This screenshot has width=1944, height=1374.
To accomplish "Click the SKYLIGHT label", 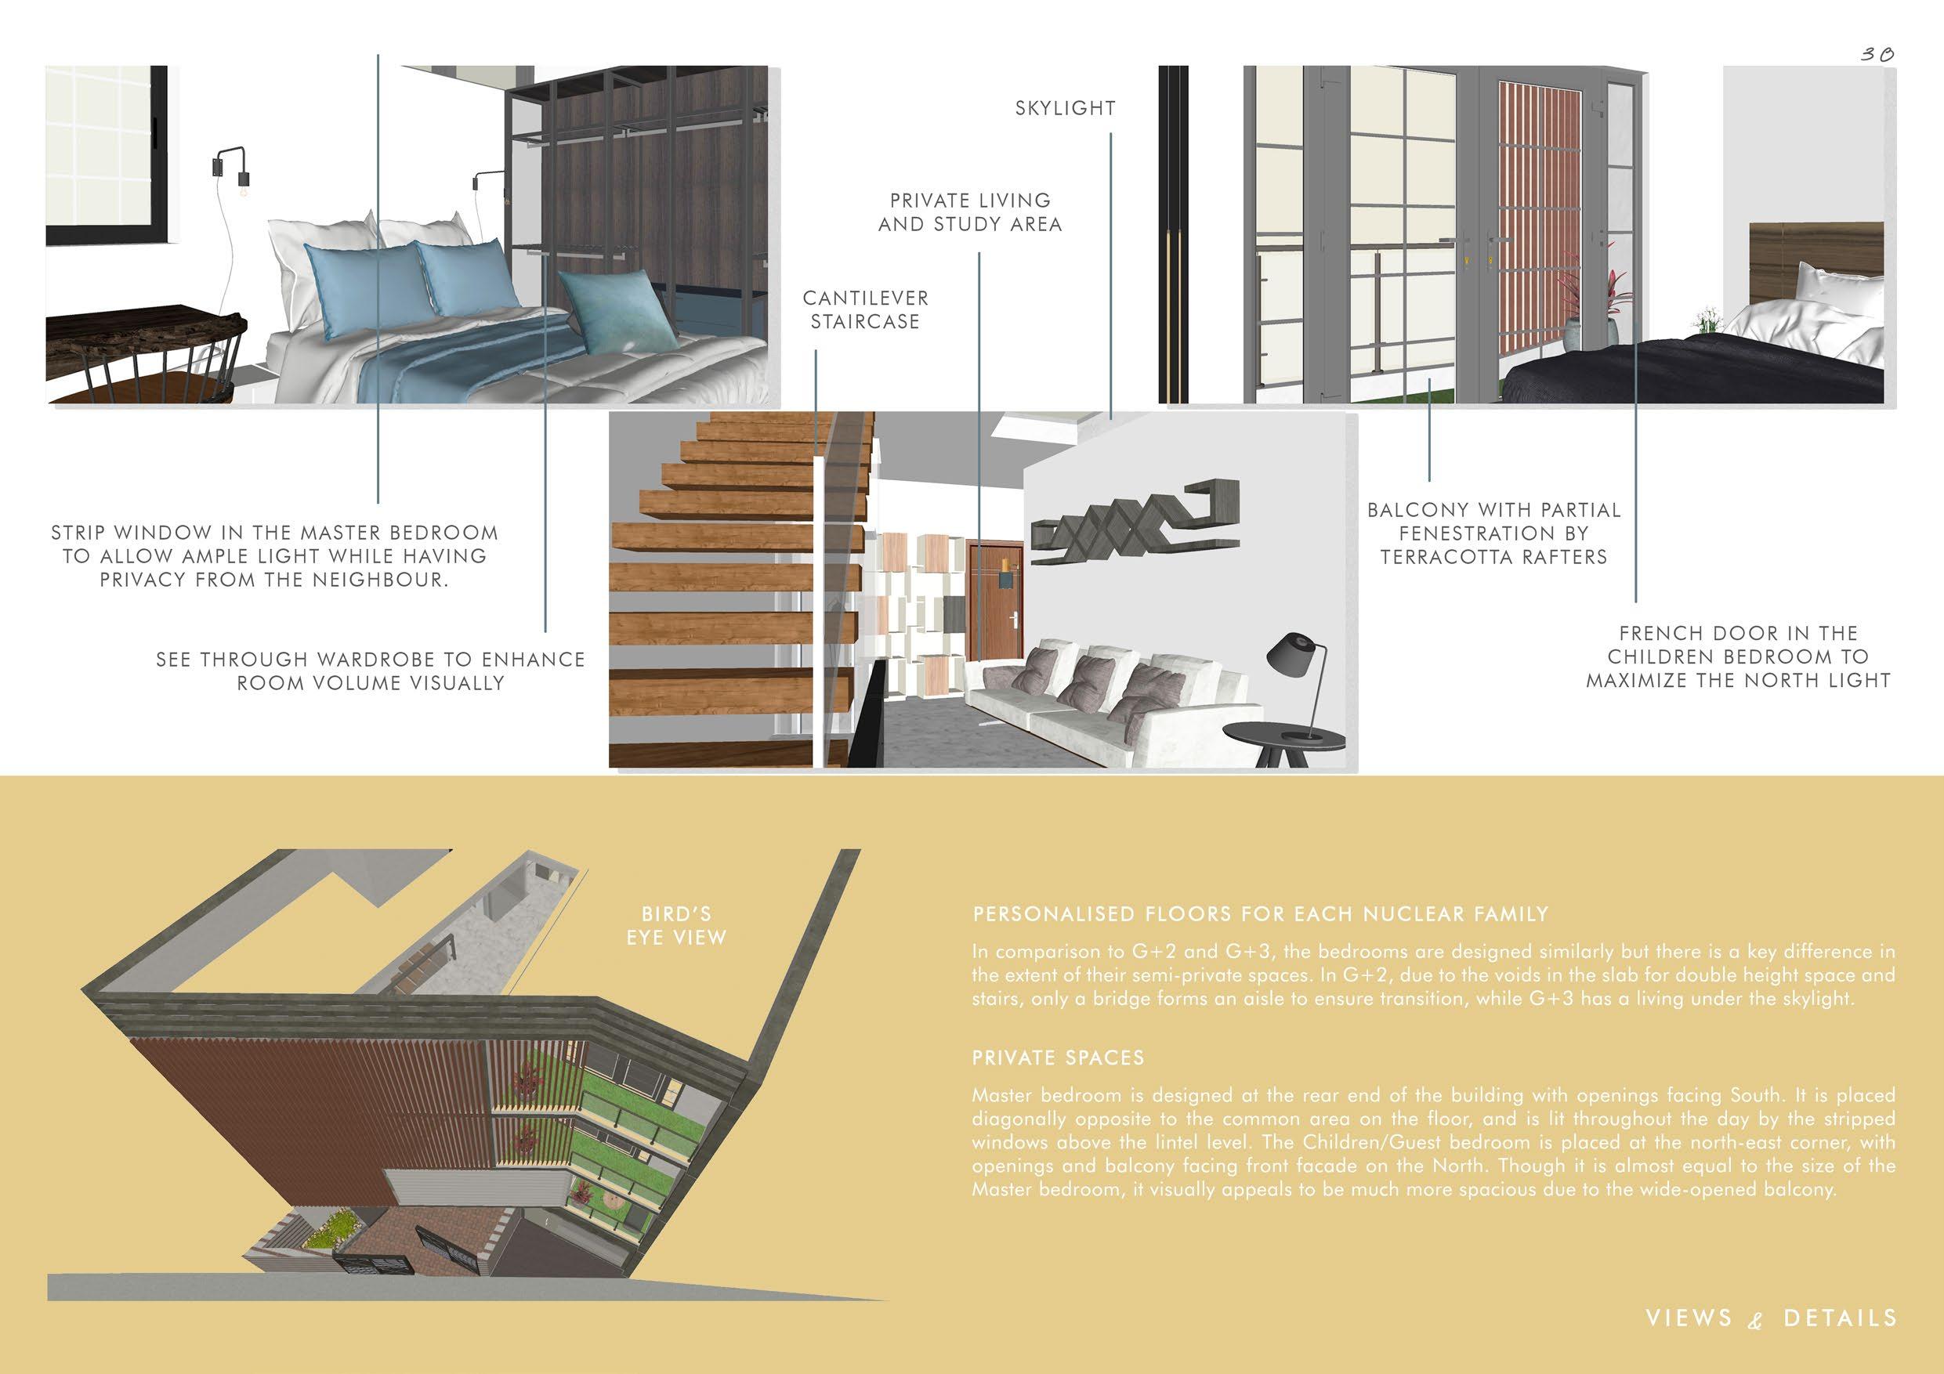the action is coord(1065,108).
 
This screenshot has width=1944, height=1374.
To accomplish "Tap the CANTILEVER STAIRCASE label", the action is coord(865,310).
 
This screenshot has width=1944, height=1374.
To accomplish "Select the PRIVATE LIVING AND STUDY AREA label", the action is coord(969,212).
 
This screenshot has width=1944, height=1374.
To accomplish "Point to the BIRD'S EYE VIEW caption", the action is coord(675,926).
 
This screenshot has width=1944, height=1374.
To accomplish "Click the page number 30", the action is coord(1877,54).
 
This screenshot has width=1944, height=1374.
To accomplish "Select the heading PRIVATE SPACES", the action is coord(1058,1058).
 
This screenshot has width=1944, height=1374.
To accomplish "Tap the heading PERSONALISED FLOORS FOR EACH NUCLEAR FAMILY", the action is coord(1260,914).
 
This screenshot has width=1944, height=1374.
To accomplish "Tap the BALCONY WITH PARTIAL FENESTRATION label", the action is coord(1493,533).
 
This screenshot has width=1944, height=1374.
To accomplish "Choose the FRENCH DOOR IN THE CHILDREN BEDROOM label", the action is coord(1737,656).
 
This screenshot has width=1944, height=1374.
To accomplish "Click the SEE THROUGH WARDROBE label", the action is coord(370,671).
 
